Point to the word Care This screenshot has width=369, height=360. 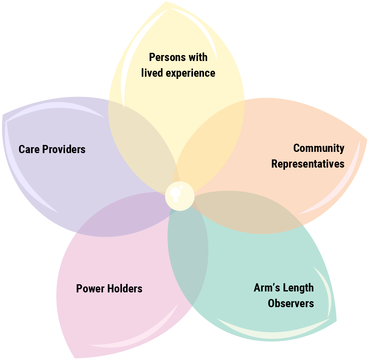[x=29, y=149]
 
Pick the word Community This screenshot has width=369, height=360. [x=319, y=148]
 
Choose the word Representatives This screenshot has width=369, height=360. [x=308, y=164]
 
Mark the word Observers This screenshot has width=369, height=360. [x=291, y=303]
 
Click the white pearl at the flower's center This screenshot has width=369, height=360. [x=180, y=196]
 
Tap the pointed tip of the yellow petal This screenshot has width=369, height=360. [x=166, y=3]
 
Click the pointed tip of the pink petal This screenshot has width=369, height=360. [x=75, y=357]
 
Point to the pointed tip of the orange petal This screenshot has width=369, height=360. [x=366, y=139]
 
